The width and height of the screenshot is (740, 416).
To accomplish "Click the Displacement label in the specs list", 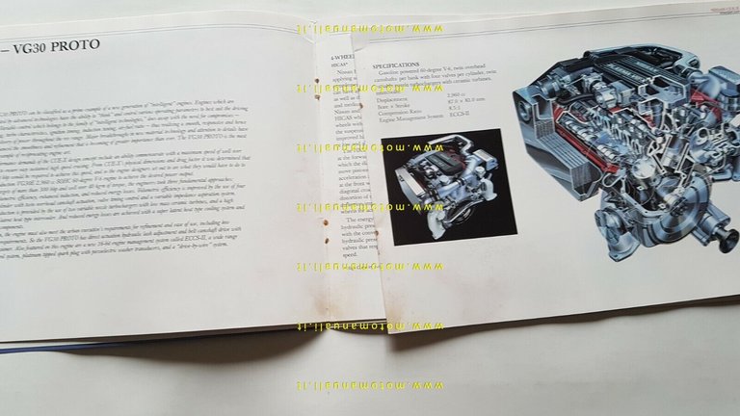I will [x=395, y=95].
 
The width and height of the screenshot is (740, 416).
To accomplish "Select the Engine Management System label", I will [x=412, y=116].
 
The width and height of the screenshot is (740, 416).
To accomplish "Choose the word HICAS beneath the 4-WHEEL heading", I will [x=340, y=66].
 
